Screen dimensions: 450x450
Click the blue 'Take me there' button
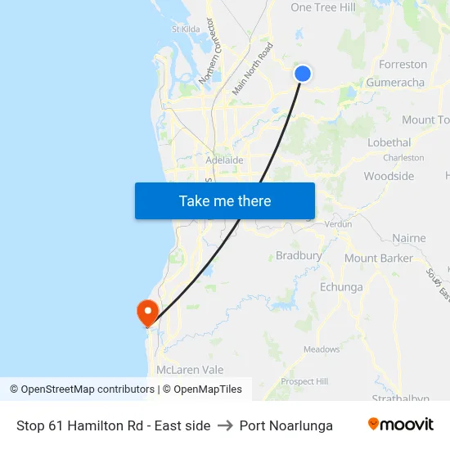coord(225,200)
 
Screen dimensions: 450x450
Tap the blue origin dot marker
coord(302,74)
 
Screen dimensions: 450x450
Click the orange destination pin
coord(147,313)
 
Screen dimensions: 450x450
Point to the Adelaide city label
coord(224,160)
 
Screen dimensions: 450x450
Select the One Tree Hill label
coord(323,7)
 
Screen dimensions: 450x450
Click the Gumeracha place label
coord(396,83)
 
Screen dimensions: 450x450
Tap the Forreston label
coord(403,64)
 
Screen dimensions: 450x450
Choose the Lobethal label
coord(389,142)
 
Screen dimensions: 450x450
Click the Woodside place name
coord(389,176)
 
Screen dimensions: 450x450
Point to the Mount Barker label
coord(378,259)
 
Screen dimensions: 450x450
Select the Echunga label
coord(341,287)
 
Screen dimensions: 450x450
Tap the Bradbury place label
coord(299,255)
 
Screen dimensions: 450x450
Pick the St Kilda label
coord(186,29)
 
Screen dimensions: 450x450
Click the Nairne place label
coord(409,238)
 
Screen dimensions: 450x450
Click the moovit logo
coord(401,425)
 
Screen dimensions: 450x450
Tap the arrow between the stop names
coord(225,425)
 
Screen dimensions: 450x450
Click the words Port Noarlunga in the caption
coord(286,425)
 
